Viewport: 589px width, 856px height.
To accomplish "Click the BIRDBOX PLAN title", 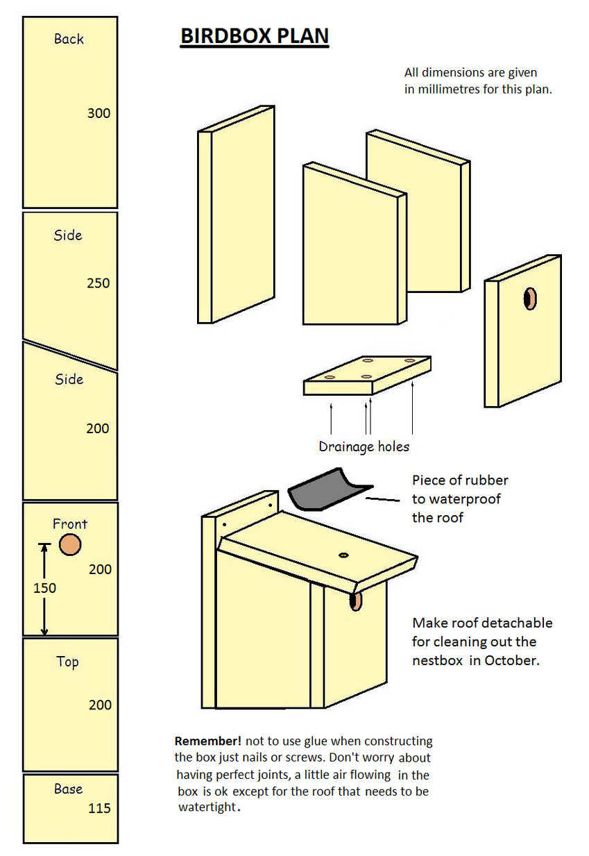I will click(254, 37).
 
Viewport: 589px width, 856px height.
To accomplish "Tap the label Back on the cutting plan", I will click(69, 39).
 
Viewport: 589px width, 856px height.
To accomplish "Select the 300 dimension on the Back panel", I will click(99, 113).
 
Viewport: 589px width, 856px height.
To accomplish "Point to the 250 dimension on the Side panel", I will click(99, 283).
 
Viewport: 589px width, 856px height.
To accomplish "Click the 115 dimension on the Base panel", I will click(99, 808).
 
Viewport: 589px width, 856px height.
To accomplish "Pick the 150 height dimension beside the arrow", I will click(44, 588).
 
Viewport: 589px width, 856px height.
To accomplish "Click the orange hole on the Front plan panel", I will click(69, 544).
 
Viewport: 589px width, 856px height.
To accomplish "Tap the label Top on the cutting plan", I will click(68, 662).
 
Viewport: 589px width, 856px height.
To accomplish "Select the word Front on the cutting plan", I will click(70, 524).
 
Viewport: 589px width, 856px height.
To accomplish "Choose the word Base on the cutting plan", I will click(68, 789).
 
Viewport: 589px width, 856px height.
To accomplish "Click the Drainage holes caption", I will click(364, 446).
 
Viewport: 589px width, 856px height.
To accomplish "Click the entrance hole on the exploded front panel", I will click(529, 299).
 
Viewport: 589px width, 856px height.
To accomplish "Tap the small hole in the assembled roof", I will click(343, 555).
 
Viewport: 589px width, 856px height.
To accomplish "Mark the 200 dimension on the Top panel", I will click(100, 705).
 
